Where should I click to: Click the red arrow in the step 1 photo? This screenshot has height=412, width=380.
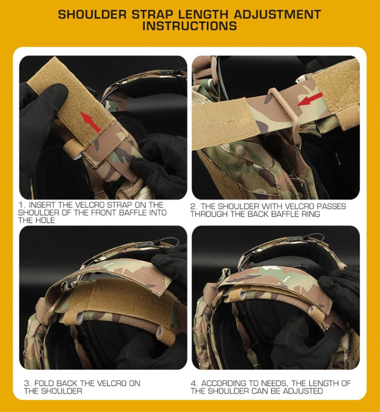tap(90, 122)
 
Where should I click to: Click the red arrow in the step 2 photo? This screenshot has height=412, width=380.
tap(310, 99)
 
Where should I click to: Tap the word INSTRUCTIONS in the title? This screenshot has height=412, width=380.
tap(190, 26)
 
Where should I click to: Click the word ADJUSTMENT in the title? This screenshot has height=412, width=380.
tap(277, 14)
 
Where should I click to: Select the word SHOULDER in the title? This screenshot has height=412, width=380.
tap(92, 14)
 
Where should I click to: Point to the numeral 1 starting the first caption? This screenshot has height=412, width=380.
tap(21, 205)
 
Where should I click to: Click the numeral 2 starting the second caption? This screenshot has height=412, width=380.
tap(193, 207)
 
